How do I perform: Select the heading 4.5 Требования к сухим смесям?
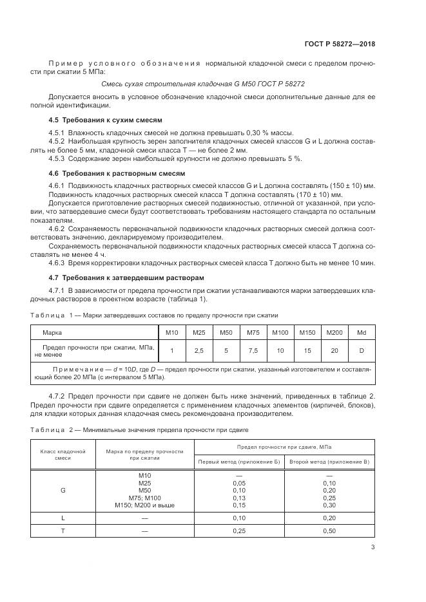click(x=106, y=120)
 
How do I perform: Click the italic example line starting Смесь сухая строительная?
click(x=203, y=84)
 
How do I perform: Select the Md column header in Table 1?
click(x=361, y=332)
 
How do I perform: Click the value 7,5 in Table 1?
click(x=253, y=350)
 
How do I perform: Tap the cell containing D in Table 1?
click(x=361, y=350)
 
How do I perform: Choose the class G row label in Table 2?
click(x=63, y=490)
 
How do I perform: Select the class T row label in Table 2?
click(x=63, y=531)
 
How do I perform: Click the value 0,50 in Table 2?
click(x=329, y=531)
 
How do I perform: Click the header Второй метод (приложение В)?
click(x=329, y=462)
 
